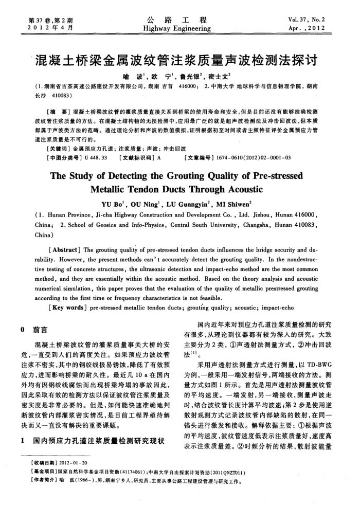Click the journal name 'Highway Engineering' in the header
pyautogui.click(x=179, y=29)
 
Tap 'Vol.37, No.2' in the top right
pyautogui.click(x=311, y=21)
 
